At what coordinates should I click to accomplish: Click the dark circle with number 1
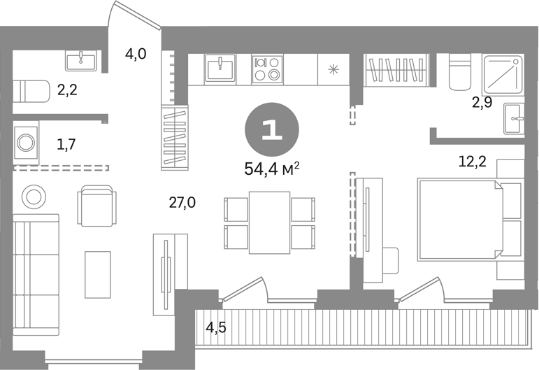[x=271, y=129]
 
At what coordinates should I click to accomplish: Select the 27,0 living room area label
[x=182, y=203]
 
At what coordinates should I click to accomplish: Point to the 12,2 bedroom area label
[x=473, y=161]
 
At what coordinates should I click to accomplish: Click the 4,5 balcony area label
[x=216, y=328]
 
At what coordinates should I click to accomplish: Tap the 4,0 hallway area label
[x=136, y=54]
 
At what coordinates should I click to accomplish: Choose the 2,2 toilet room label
[x=67, y=90]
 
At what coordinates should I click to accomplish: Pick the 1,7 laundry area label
[x=66, y=144]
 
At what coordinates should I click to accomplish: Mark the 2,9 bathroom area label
[x=482, y=103]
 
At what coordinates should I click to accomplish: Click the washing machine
[x=26, y=143]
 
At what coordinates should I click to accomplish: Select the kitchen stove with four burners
[x=267, y=69]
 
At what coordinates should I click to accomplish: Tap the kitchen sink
[x=220, y=68]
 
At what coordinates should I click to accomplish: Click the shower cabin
[x=503, y=75]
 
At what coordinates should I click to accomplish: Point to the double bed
[x=461, y=220]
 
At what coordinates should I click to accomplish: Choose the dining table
[x=270, y=222]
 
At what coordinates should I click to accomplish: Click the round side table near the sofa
[x=34, y=197]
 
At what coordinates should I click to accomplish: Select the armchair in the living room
[x=97, y=206]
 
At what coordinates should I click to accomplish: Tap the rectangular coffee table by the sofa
[x=98, y=274]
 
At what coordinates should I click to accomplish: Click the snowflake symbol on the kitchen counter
[x=333, y=70]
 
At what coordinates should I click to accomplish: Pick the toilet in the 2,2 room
[x=31, y=91]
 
